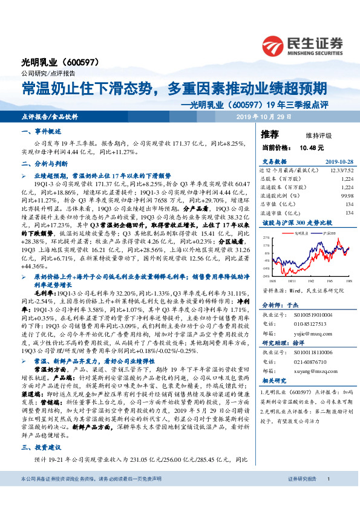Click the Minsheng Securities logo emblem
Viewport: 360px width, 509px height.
click(274, 45)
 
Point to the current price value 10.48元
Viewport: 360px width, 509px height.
click(312, 147)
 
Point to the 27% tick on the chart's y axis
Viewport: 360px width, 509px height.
click(267, 239)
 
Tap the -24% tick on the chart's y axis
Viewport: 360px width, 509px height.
click(267, 275)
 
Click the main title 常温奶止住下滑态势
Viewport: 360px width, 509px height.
click(87, 88)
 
